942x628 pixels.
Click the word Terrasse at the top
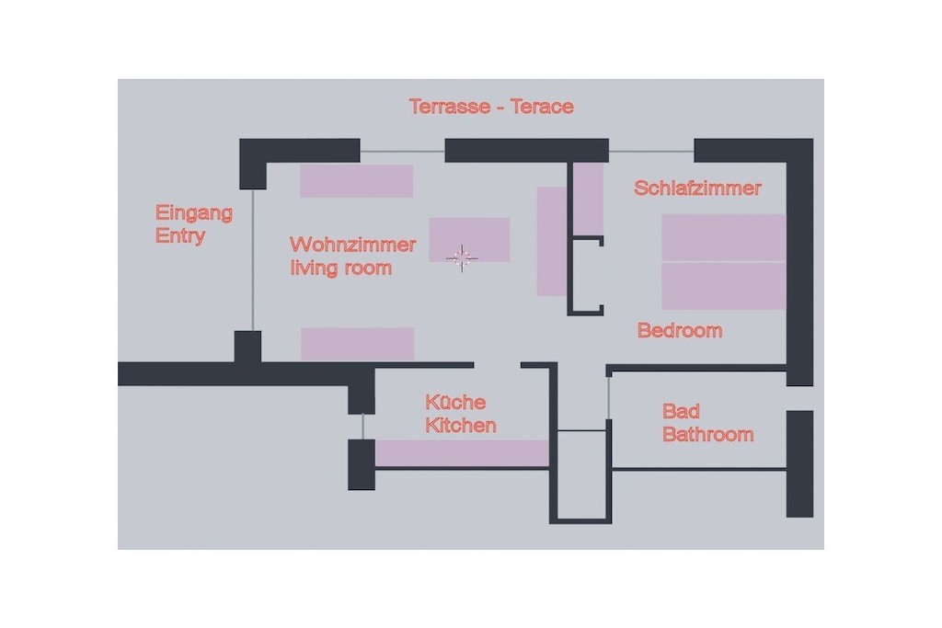(x=449, y=107)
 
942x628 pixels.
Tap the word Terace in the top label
(x=542, y=107)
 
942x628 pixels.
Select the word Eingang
(x=193, y=213)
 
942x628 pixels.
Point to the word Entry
(x=179, y=235)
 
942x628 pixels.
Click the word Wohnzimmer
(x=352, y=245)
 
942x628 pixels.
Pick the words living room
(x=340, y=268)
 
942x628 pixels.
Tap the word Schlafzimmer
(x=697, y=188)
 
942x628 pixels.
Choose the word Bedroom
(x=680, y=330)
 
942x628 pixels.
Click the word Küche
(x=455, y=402)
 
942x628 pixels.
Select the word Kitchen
(x=461, y=425)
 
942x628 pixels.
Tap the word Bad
(x=681, y=411)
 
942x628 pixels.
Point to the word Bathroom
(x=707, y=434)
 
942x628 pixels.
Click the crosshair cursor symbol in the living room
(x=462, y=258)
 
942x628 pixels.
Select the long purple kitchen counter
(x=462, y=453)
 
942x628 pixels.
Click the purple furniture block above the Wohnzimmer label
(x=356, y=181)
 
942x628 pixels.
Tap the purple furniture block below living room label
(x=358, y=344)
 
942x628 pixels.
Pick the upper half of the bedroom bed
(x=724, y=238)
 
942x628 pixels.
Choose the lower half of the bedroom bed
(x=724, y=286)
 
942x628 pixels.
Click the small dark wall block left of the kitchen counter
(x=362, y=464)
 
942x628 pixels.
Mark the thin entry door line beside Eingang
(x=253, y=260)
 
